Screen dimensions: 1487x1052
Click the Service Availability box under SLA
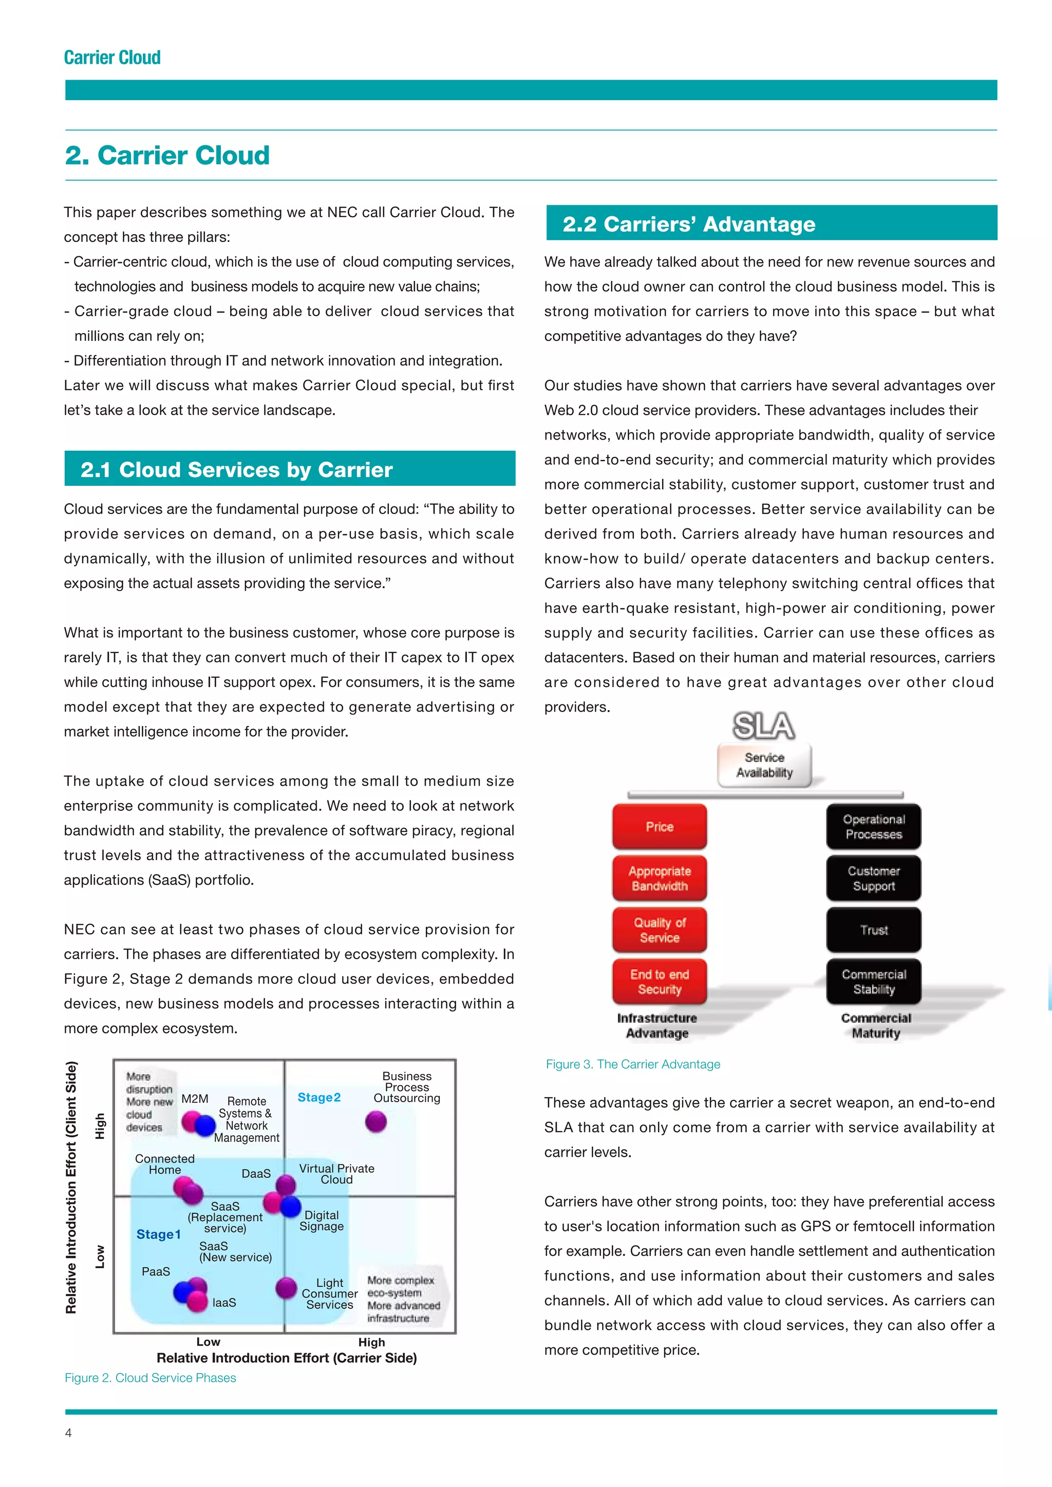pyautogui.click(x=764, y=765)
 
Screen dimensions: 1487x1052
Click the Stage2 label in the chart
pyautogui.click(x=318, y=1097)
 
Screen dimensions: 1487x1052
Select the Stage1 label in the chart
pyautogui.click(x=158, y=1234)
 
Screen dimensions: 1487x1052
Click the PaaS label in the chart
pyautogui.click(x=156, y=1271)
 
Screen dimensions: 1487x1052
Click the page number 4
pyautogui.click(x=69, y=1433)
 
